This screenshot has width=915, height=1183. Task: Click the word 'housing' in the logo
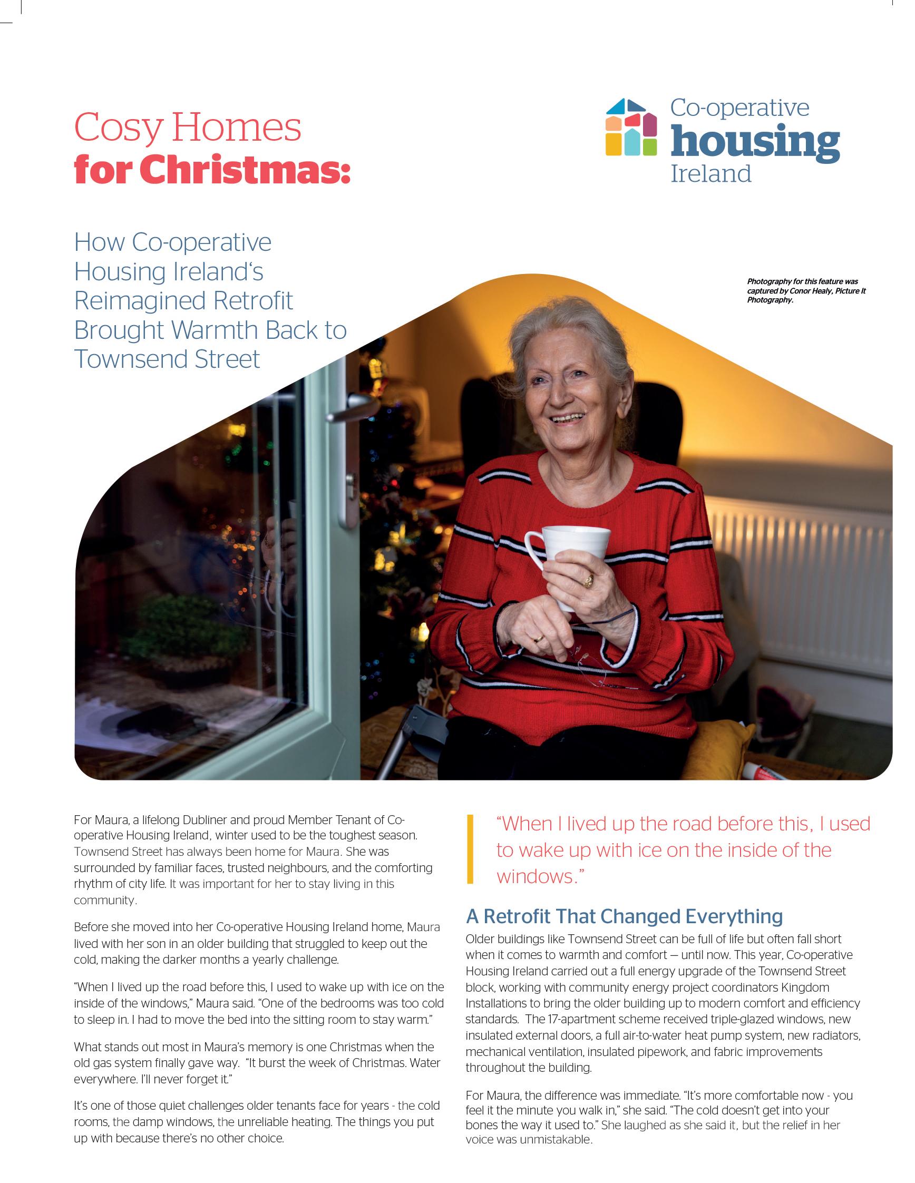(x=755, y=141)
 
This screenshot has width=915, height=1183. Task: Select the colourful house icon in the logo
(x=630, y=127)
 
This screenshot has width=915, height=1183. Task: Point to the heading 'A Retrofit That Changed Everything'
(x=624, y=916)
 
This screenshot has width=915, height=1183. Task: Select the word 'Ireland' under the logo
(x=711, y=174)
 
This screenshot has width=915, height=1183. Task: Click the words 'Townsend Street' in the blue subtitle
(x=167, y=359)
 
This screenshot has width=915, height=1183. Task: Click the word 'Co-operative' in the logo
(x=739, y=107)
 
